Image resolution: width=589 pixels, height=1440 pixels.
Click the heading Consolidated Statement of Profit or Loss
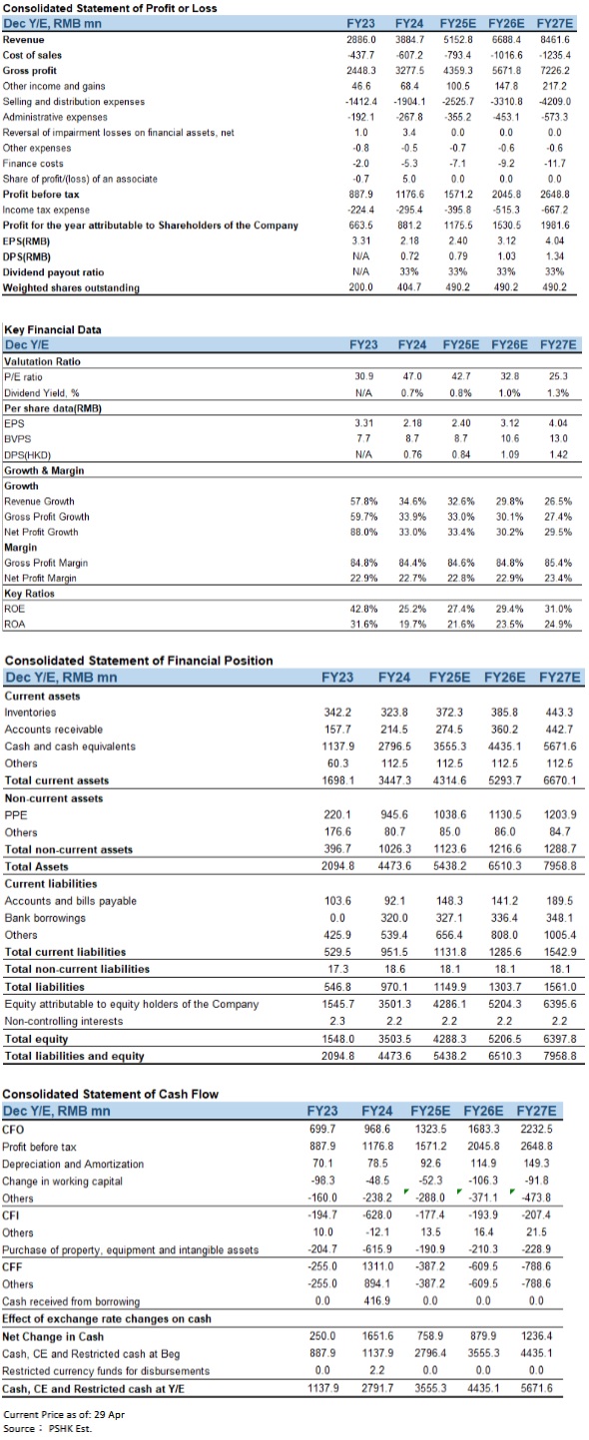[x=110, y=8]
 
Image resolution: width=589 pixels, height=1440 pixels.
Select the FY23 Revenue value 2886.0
[x=360, y=40]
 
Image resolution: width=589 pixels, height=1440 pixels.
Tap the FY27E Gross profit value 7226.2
[x=554, y=71]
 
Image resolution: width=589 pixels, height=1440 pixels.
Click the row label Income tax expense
[x=46, y=211]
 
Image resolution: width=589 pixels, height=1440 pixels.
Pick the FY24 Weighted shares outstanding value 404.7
[x=409, y=287]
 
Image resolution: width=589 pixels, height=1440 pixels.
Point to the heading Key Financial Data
[x=53, y=329]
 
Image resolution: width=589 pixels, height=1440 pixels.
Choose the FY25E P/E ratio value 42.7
[x=461, y=376]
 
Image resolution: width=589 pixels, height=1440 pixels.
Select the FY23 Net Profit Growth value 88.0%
[x=364, y=532]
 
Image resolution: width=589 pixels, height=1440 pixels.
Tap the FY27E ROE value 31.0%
[x=558, y=609]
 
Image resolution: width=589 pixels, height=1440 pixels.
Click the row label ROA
[x=14, y=625]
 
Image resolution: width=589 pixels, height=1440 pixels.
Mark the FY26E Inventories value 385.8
[x=505, y=713]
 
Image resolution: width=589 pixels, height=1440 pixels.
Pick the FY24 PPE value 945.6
[x=394, y=815]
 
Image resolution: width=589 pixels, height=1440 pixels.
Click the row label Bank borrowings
[x=45, y=918]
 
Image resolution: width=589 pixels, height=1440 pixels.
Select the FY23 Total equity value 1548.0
[x=338, y=1039]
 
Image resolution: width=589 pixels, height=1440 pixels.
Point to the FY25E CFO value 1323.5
[x=430, y=1129]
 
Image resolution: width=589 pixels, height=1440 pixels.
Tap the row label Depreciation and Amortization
[x=73, y=1165]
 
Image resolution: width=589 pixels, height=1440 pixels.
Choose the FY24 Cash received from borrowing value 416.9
[x=376, y=1301]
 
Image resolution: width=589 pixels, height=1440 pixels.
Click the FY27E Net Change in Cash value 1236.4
[x=536, y=1336]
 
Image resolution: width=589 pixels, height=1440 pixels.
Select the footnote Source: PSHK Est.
[x=48, y=1428]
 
